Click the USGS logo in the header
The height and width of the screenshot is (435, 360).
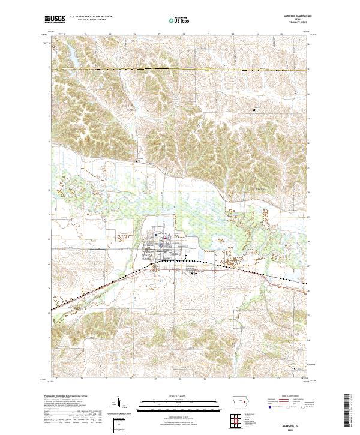click(x=55, y=19)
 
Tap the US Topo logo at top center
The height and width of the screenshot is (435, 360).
click(x=179, y=20)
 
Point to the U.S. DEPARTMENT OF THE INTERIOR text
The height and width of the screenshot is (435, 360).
click(x=90, y=17)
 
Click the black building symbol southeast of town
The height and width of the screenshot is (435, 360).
click(x=193, y=273)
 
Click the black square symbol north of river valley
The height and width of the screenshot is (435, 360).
click(x=137, y=161)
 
